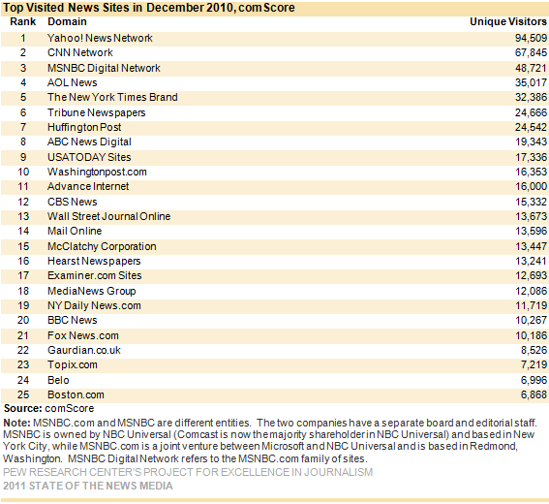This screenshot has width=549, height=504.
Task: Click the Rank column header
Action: [x=23, y=21]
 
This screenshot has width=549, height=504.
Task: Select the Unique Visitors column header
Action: [x=508, y=21]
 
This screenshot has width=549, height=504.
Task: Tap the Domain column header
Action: [x=67, y=21]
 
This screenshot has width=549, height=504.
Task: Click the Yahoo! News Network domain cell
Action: [x=100, y=38]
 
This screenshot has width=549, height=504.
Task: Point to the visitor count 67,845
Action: [x=531, y=52]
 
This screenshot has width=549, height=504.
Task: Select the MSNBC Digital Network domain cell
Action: [x=104, y=68]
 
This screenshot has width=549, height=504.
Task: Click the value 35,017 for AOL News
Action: [x=531, y=82]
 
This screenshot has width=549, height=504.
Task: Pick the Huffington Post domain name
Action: [x=84, y=127]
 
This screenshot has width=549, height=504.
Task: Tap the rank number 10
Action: [x=23, y=172]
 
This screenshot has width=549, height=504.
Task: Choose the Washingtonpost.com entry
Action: [x=97, y=172]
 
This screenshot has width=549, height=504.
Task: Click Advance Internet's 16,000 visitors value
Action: [x=531, y=186]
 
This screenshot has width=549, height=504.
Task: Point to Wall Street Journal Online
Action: [x=108, y=216]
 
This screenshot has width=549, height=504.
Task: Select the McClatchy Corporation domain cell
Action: [x=102, y=246]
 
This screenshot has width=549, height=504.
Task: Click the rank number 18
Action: [x=23, y=291]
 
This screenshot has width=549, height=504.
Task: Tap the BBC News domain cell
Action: [x=72, y=320]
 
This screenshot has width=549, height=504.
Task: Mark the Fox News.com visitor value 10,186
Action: [x=531, y=335]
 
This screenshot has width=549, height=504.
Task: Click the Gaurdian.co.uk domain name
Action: [x=84, y=350]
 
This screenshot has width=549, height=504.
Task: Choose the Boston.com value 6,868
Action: [x=534, y=394]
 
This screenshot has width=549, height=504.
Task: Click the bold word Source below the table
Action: [x=23, y=408]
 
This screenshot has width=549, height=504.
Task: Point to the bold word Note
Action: [x=16, y=423]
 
